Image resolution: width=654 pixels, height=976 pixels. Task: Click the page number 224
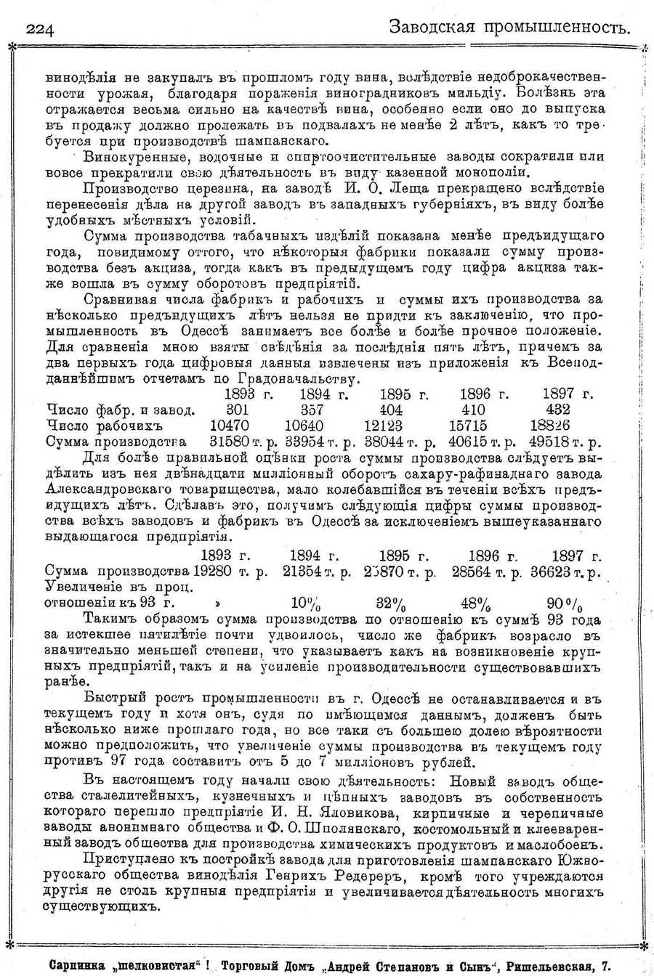click(x=41, y=28)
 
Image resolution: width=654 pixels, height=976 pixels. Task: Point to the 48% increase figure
click(x=476, y=603)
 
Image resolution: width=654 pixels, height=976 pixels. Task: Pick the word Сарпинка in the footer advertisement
click(x=78, y=966)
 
